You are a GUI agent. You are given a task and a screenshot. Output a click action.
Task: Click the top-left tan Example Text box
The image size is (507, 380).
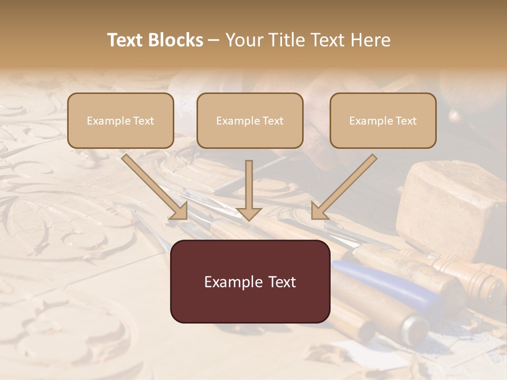point(120,121)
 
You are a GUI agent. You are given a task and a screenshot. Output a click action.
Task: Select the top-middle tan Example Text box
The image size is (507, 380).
point(250,121)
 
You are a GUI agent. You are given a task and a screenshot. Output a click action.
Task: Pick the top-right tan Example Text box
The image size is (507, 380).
point(383,121)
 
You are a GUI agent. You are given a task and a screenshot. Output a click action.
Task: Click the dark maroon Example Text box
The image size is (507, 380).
point(250,282)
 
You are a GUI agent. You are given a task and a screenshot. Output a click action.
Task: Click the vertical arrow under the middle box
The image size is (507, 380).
point(249,190)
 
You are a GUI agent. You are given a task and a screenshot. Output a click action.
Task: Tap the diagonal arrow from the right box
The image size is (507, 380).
point(344,186)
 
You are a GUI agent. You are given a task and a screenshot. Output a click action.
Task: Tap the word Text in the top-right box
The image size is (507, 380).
point(406,121)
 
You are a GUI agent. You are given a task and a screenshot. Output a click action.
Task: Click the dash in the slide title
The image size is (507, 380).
point(214,40)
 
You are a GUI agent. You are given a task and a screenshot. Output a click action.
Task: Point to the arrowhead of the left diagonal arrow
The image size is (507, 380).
point(180,212)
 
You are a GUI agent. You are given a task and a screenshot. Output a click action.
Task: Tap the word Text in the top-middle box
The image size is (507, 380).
point(273,121)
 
